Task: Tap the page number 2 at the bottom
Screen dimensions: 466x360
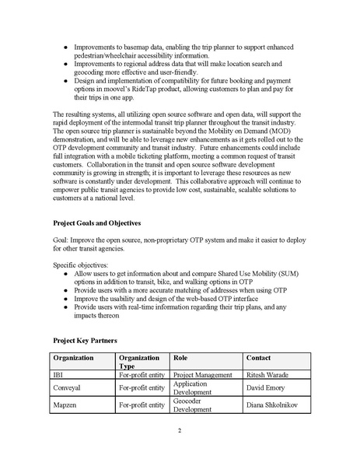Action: [x=180, y=431]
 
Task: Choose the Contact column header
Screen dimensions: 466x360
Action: [x=259, y=358]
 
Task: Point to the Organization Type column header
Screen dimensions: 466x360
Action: [x=142, y=362]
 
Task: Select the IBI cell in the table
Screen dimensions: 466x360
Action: [x=58, y=374]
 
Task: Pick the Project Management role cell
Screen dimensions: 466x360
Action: [x=204, y=374]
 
